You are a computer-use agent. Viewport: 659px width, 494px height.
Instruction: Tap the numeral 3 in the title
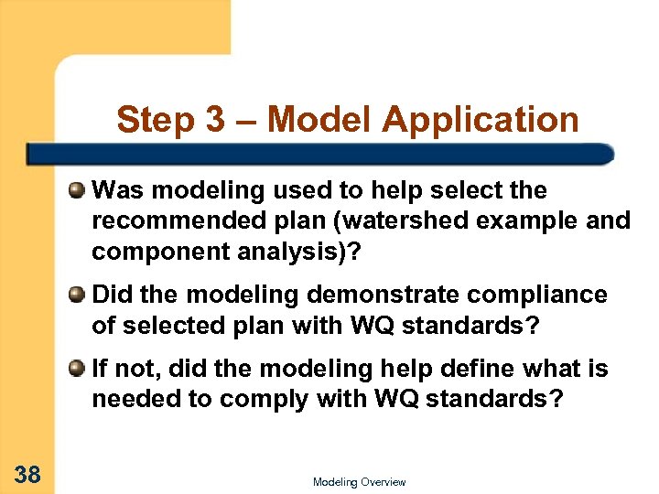coord(213,120)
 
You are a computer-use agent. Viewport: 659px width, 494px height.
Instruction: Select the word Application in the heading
coord(481,120)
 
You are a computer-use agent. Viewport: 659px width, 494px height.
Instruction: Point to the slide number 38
coord(27,474)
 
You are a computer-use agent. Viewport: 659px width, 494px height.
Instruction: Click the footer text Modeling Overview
coord(359,482)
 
